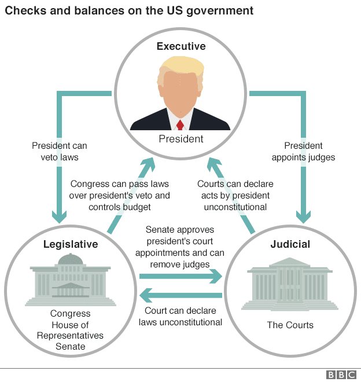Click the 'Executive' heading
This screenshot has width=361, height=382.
coord(181,46)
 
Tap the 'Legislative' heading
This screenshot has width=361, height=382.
coord(71,244)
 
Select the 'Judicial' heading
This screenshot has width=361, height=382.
coord(290,244)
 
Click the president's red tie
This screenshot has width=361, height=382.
coord(181,124)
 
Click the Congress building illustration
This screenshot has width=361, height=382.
coord(70,280)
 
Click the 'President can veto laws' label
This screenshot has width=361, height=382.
coord(59,151)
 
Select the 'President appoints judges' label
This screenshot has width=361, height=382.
coord(303,151)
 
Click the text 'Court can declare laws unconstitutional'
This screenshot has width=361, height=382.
coord(181,316)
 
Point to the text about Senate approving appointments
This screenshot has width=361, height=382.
coord(181,247)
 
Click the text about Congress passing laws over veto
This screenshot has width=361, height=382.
coord(120,195)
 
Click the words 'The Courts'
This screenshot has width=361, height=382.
coord(290,325)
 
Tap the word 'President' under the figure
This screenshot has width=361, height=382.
coord(181,139)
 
